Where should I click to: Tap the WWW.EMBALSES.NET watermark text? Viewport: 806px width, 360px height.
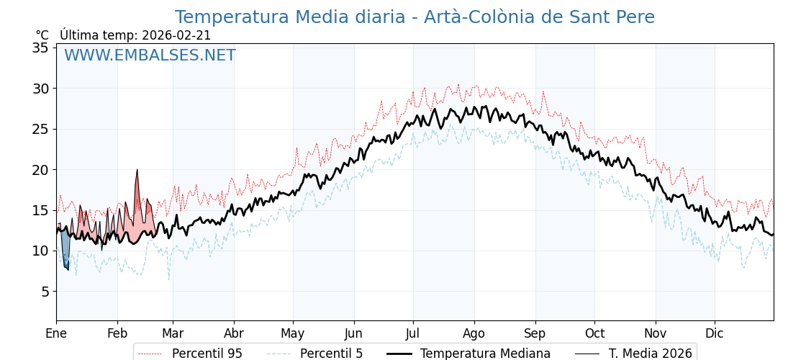[x=150, y=55]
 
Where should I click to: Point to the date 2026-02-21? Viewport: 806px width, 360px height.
[x=176, y=35]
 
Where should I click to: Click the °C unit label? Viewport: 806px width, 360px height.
[x=42, y=35]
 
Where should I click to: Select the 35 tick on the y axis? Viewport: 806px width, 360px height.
[x=40, y=48]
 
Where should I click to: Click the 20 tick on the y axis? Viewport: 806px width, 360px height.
[x=40, y=170]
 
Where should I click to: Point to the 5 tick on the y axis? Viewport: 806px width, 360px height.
[x=44, y=292]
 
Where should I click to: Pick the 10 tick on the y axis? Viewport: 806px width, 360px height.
[x=40, y=251]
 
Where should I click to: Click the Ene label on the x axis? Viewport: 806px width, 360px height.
[x=56, y=334]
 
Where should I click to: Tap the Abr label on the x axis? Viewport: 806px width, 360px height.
[x=234, y=334]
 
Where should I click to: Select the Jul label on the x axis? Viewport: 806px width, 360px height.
[x=413, y=334]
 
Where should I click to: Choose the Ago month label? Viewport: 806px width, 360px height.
[x=474, y=334]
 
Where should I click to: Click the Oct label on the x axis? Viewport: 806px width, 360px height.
[x=594, y=334]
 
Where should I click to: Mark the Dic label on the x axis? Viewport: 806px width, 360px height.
[x=715, y=334]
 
